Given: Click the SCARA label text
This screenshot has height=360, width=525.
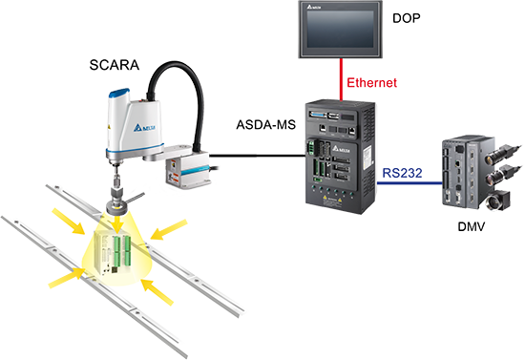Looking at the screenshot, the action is (x=115, y=65).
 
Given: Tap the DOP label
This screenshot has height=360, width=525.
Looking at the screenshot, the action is (x=406, y=18).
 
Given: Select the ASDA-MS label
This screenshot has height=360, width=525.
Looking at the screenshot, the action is (x=266, y=124).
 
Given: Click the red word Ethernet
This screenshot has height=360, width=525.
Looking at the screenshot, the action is (x=371, y=83).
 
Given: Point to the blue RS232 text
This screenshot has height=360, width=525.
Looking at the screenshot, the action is (x=402, y=173).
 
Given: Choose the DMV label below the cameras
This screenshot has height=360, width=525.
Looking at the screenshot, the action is (x=472, y=227).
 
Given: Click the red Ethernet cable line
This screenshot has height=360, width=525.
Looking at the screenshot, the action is (x=341, y=79).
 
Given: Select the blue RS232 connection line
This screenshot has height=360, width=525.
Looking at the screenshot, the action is (x=409, y=182).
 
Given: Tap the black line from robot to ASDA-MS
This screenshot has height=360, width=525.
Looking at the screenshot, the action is (x=257, y=156).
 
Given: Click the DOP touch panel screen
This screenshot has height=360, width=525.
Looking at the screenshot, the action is (x=340, y=30).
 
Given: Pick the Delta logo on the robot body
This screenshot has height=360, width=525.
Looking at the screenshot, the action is (x=144, y=128).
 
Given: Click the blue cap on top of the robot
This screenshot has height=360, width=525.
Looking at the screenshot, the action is (x=119, y=93).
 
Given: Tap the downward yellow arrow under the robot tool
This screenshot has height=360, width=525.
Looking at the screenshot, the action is (x=116, y=223).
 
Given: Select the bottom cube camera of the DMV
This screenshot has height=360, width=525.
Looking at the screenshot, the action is (x=498, y=200).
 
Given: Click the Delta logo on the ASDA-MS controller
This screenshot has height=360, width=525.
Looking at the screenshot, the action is (x=341, y=149).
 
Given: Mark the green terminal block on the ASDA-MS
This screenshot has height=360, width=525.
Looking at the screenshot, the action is (x=311, y=147).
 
